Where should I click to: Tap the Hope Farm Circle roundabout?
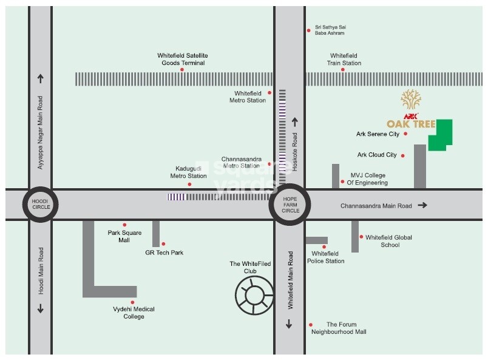[x=290, y=205]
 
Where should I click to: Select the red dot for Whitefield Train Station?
[x=342, y=69]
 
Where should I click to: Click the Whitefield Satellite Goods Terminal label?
[x=183, y=59]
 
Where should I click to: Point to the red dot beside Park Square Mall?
[x=124, y=225]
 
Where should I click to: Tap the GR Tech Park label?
[x=164, y=253]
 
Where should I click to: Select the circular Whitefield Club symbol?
[x=255, y=295]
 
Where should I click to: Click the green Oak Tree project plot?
[x=441, y=135]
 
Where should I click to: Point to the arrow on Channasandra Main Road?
[x=422, y=205]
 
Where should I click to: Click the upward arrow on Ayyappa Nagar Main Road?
[x=41, y=78]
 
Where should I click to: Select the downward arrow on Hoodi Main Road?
[x=41, y=308]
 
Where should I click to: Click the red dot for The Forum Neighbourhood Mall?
[x=311, y=325]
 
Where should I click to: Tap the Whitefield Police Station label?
[x=327, y=257]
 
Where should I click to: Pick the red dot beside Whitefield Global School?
[x=361, y=237]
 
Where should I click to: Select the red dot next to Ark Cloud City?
[x=402, y=155]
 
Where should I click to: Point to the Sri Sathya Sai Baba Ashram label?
[x=331, y=30]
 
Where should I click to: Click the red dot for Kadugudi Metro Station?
[x=189, y=184]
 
